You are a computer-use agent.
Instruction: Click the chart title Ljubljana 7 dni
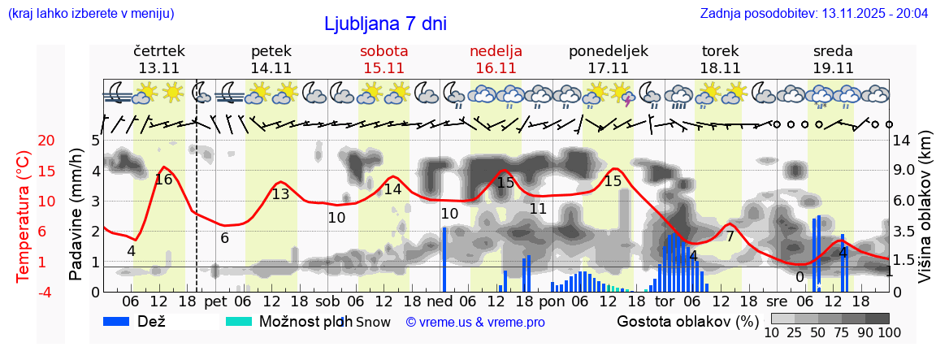[385, 24]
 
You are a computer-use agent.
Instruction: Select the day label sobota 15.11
[383, 59]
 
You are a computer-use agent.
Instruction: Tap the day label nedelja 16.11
[496, 59]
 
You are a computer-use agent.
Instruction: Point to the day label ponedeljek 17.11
[608, 59]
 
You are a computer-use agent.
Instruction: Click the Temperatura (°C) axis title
[24, 216]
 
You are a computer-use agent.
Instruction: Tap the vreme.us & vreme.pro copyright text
[475, 323]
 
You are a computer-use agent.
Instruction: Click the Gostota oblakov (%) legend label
[687, 322]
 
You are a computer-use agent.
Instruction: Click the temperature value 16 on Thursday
[163, 179]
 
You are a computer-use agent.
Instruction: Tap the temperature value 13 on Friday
[280, 194]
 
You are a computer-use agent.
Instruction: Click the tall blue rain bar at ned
[445, 258]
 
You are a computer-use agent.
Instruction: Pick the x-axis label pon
[552, 301]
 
